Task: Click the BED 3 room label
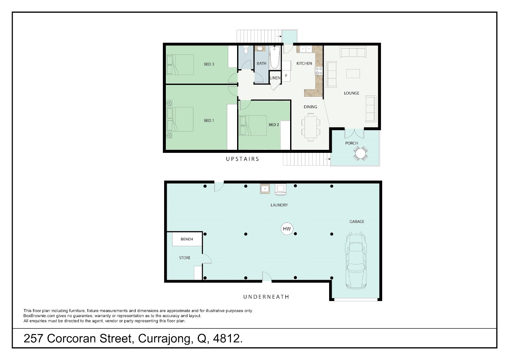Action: click(x=209, y=64)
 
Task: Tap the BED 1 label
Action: click(x=209, y=121)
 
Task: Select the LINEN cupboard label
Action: click(x=275, y=78)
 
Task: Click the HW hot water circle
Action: click(x=287, y=228)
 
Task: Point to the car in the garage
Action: click(x=356, y=260)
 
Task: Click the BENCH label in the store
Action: click(x=187, y=239)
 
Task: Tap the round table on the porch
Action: click(x=360, y=154)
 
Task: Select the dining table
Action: click(x=310, y=127)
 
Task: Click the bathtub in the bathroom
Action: click(x=275, y=57)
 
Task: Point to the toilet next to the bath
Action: click(x=246, y=50)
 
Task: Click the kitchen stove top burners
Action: click(x=319, y=71)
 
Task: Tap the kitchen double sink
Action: click(x=305, y=49)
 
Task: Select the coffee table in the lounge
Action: click(x=353, y=74)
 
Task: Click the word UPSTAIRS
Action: click(x=243, y=159)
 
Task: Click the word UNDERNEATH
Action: click(x=266, y=297)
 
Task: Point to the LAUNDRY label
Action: click(x=279, y=205)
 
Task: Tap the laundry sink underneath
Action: click(x=265, y=188)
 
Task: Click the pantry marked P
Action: click(x=286, y=76)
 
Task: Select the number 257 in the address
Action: click(x=33, y=338)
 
